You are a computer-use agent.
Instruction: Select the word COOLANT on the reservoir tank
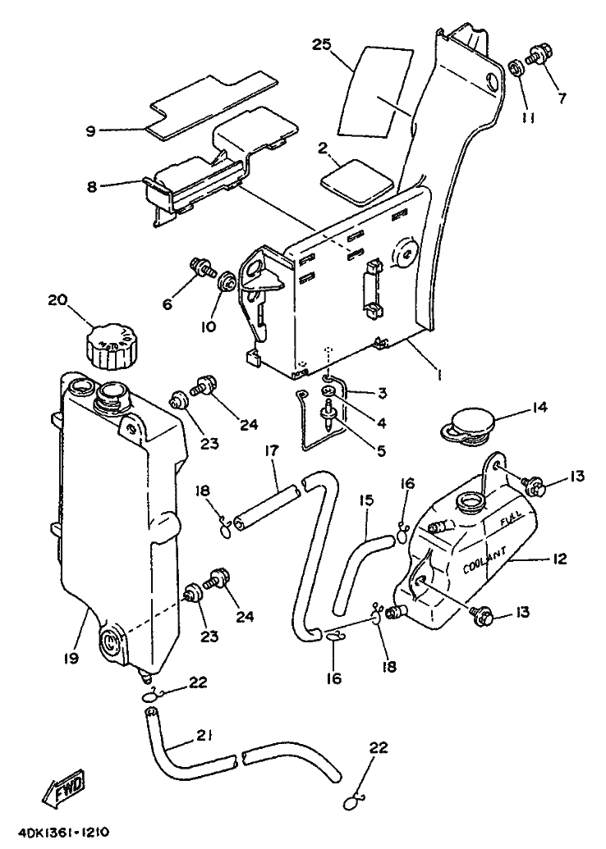click(x=485, y=561)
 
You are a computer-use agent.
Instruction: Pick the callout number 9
click(x=91, y=130)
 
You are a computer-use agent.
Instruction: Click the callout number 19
click(x=71, y=658)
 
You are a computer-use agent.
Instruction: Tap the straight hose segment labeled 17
click(x=267, y=506)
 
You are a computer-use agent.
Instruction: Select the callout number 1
click(x=439, y=373)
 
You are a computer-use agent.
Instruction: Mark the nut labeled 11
click(x=516, y=69)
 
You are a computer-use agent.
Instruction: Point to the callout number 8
click(x=91, y=187)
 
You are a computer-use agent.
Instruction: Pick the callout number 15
click(x=366, y=500)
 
